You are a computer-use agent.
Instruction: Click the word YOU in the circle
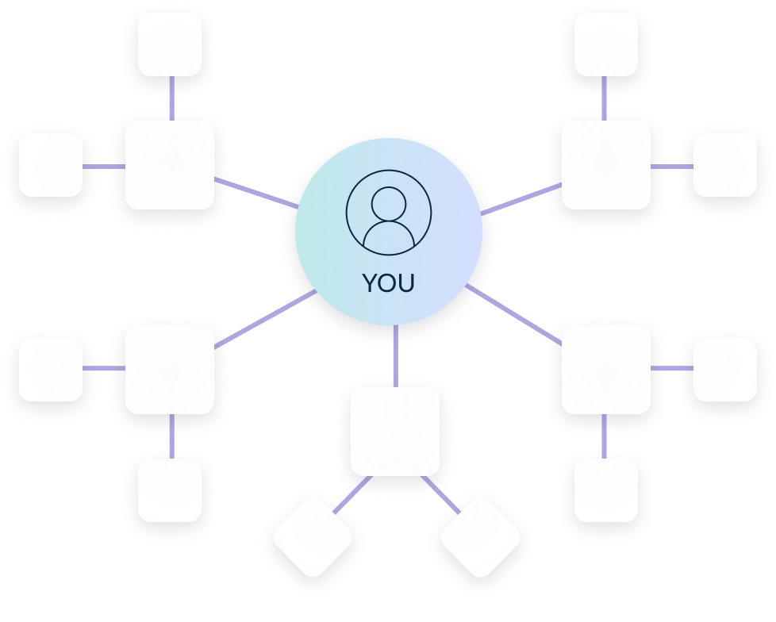click(389, 283)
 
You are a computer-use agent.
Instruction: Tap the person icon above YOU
click(389, 213)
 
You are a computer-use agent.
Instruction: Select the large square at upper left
click(170, 165)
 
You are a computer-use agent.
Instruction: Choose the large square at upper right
click(606, 165)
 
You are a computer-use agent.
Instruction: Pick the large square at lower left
click(170, 370)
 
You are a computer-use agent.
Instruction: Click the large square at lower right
click(606, 370)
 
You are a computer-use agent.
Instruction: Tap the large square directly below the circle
click(395, 432)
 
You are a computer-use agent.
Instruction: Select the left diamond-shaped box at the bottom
click(313, 537)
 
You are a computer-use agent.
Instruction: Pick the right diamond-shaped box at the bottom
click(480, 537)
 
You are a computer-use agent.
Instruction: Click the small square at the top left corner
click(170, 44)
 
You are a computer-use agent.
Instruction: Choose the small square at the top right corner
click(606, 44)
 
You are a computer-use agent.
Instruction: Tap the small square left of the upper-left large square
click(51, 165)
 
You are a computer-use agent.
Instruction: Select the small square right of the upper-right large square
click(725, 165)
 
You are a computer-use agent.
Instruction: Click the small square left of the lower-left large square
click(51, 370)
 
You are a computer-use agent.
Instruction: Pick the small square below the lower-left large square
click(170, 490)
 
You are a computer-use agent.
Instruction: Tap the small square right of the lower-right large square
click(725, 370)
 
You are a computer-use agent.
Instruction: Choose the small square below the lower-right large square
click(606, 490)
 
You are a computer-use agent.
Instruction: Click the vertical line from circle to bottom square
click(395, 355)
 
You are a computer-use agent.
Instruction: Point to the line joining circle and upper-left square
click(255, 194)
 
